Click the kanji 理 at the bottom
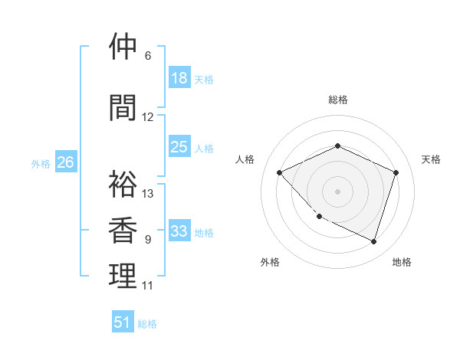click(x=123, y=277)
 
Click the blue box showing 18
click(x=179, y=78)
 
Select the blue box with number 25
click(x=179, y=147)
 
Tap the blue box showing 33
click(x=179, y=231)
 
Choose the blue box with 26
click(x=65, y=162)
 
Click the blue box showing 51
click(x=123, y=322)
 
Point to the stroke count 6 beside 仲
click(x=148, y=55)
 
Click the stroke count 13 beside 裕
click(x=148, y=194)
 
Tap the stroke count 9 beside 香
click(x=148, y=240)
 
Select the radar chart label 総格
click(x=338, y=100)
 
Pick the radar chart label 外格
click(x=270, y=262)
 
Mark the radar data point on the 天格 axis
click(x=396, y=172)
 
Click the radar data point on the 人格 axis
click(x=280, y=172)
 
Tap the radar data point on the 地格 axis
click(x=374, y=241)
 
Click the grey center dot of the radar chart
click(x=338, y=191)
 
